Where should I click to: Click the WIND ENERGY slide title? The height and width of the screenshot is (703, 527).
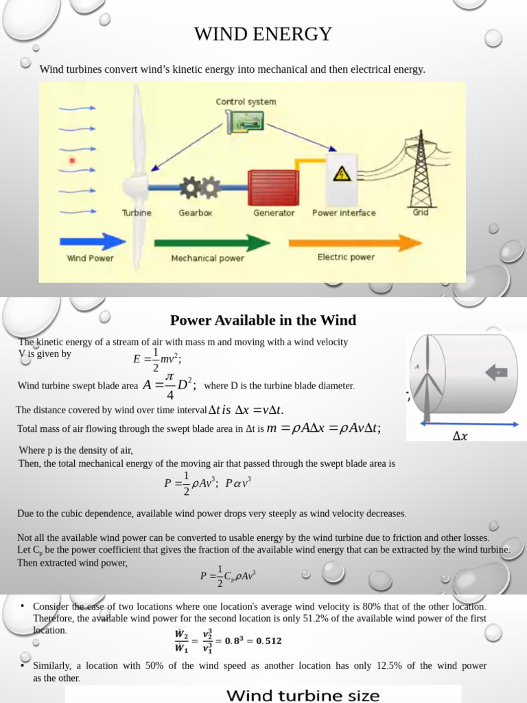(x=263, y=34)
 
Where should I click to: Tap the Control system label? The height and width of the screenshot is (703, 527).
(x=246, y=102)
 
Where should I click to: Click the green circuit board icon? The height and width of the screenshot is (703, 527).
(x=246, y=122)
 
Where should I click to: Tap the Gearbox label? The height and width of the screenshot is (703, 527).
(x=196, y=213)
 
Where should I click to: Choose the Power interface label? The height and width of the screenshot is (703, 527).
(x=344, y=213)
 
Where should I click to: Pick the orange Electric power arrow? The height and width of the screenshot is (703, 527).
(x=354, y=242)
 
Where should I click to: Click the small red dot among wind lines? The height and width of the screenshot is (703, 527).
(x=71, y=161)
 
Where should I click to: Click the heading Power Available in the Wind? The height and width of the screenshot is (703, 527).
(x=263, y=320)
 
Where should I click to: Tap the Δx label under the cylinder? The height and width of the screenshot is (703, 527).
(x=461, y=436)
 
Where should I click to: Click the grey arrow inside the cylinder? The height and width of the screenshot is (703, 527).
(x=496, y=373)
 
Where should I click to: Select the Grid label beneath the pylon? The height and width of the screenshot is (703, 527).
(x=421, y=212)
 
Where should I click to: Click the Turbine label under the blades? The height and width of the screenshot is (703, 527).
(x=137, y=213)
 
